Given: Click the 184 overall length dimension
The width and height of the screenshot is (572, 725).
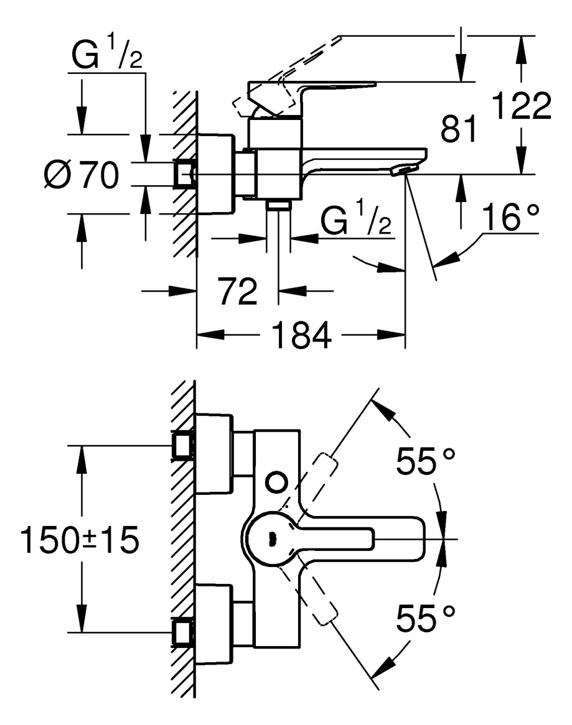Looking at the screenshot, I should [301, 336].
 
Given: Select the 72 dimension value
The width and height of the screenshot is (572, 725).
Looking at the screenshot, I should [237, 290].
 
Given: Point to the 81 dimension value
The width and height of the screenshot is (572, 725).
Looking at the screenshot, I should [459, 129].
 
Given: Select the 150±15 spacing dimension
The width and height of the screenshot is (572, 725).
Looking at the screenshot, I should [79, 540].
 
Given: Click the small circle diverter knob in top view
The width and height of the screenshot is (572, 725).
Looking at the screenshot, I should [274, 481].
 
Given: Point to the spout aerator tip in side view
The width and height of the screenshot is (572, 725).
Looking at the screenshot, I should [404, 170].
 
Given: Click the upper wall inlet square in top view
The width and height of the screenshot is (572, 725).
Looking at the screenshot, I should [183, 446].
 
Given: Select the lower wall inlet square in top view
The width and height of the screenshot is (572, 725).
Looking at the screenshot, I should [183, 633].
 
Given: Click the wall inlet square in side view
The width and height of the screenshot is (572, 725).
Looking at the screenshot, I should [184, 174].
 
